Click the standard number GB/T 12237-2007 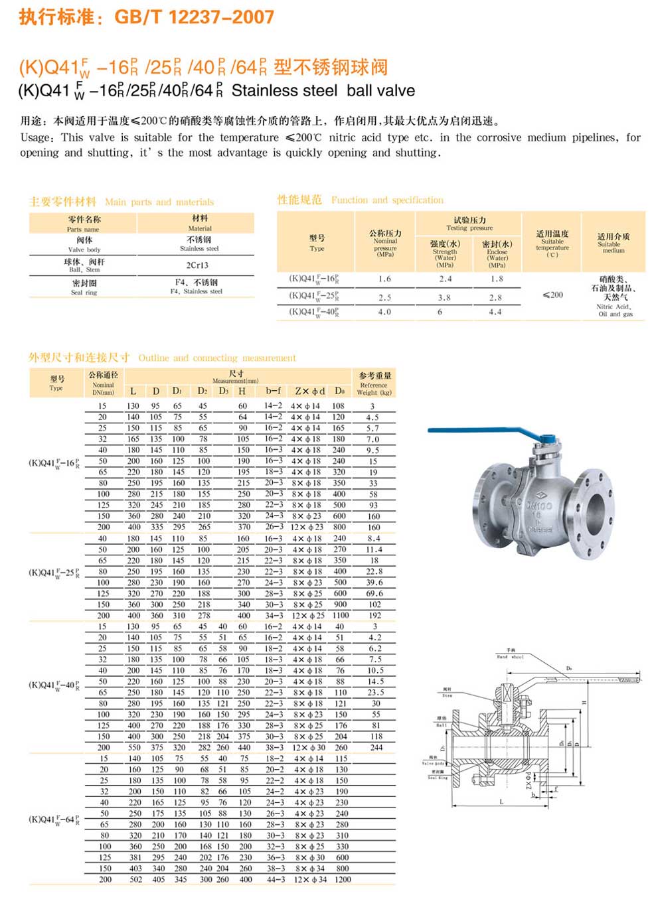(x=194, y=17)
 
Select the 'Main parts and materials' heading (x=159, y=202)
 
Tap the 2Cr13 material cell (x=197, y=265)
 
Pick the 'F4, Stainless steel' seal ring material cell (x=197, y=287)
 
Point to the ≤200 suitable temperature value (x=552, y=295)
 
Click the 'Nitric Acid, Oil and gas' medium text (x=614, y=310)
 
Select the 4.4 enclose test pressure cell (x=495, y=312)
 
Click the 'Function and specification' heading (x=387, y=200)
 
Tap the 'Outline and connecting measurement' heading (x=217, y=358)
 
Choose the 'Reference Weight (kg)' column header (x=374, y=384)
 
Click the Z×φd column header (x=309, y=391)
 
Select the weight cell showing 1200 (x=343, y=879)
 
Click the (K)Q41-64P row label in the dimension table (x=54, y=819)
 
